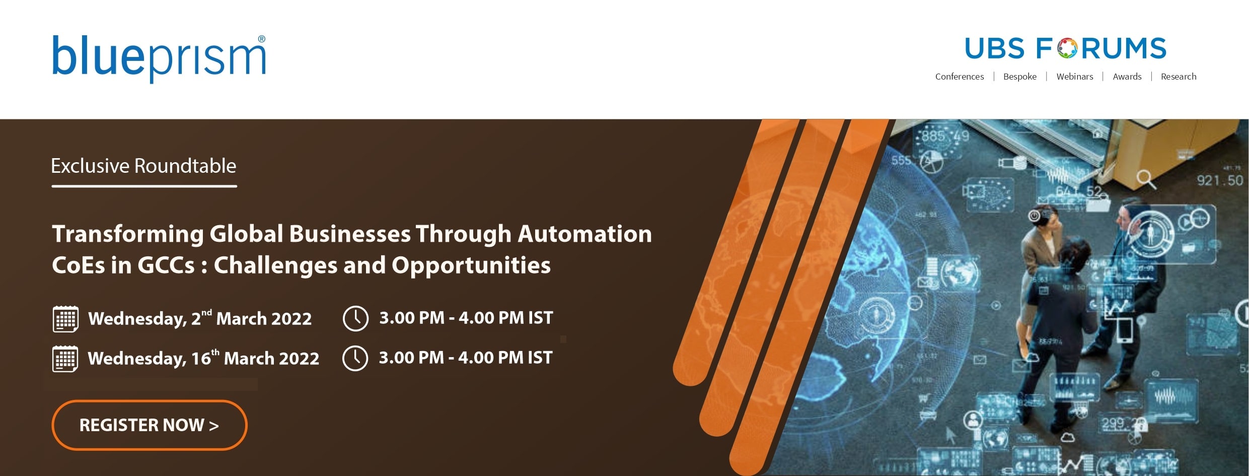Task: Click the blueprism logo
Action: tap(159, 58)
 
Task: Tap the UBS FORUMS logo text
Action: tap(1065, 48)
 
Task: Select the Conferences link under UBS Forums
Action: tap(960, 77)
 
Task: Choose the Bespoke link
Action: tap(1020, 77)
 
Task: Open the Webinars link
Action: tap(1075, 77)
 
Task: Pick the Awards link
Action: tap(1127, 77)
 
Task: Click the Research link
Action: tap(1179, 77)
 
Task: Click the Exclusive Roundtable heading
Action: tap(143, 166)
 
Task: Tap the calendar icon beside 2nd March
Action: tap(65, 319)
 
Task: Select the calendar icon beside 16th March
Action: tap(65, 359)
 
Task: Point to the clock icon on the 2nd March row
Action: tap(355, 318)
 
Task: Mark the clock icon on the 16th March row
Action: tap(355, 358)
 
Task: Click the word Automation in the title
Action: tap(585, 234)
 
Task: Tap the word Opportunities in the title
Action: tap(471, 266)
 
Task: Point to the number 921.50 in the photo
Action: tap(1220, 180)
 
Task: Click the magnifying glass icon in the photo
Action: tap(1146, 179)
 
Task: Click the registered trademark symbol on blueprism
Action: tap(261, 39)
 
